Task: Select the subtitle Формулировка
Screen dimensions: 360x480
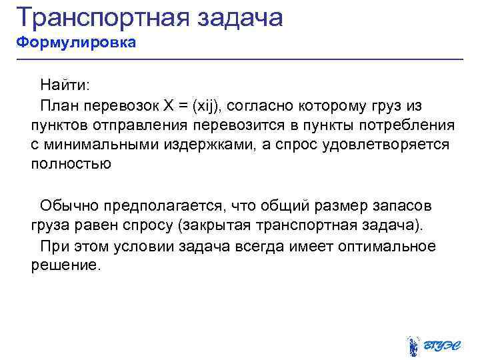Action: click(76, 43)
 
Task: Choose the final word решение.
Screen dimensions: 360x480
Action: click(65, 265)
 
